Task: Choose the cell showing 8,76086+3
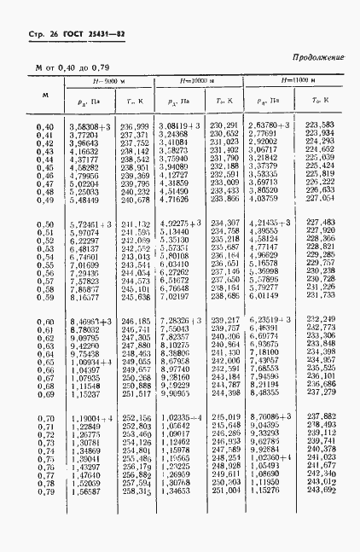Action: coord(276,415)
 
